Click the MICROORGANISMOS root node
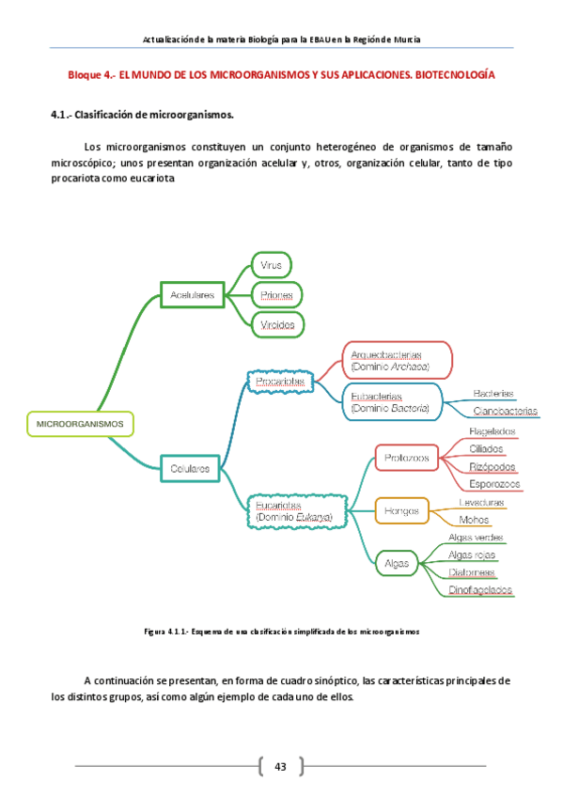(x=80, y=424)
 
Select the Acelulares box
(x=193, y=295)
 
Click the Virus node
(x=272, y=266)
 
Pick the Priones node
(x=276, y=295)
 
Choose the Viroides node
(x=277, y=325)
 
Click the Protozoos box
(x=407, y=458)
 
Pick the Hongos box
(x=401, y=510)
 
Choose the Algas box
(x=397, y=563)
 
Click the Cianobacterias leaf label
(x=506, y=411)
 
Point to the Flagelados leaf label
(x=493, y=431)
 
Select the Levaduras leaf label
(x=480, y=503)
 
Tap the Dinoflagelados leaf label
(x=480, y=589)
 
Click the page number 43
(x=280, y=767)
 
